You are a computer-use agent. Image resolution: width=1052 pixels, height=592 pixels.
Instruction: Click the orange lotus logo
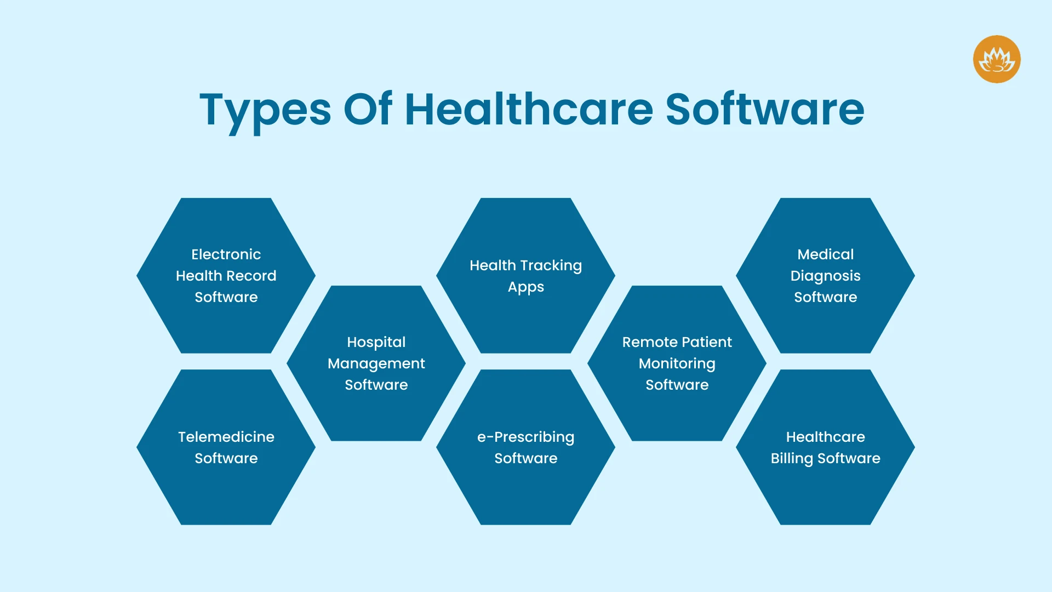(x=997, y=59)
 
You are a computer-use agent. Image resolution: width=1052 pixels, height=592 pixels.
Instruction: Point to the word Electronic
(x=226, y=254)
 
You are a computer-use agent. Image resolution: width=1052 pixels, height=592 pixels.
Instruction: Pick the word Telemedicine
(x=226, y=437)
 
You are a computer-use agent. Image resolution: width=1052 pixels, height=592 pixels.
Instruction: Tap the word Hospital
(x=376, y=343)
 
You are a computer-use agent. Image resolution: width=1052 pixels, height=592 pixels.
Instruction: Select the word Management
(x=376, y=364)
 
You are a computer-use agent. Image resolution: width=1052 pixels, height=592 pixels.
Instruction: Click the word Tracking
(x=551, y=266)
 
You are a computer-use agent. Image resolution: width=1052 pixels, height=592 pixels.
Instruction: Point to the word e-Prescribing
(x=526, y=437)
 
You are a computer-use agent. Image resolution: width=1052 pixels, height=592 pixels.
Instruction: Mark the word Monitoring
(x=677, y=364)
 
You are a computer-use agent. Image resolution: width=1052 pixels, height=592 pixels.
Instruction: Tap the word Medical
(x=826, y=254)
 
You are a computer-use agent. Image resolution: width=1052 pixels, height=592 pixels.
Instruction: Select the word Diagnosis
(x=826, y=276)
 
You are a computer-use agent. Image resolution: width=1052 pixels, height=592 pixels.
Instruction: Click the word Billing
(x=792, y=459)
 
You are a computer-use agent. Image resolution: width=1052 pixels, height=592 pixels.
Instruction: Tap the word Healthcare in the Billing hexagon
(x=826, y=437)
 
